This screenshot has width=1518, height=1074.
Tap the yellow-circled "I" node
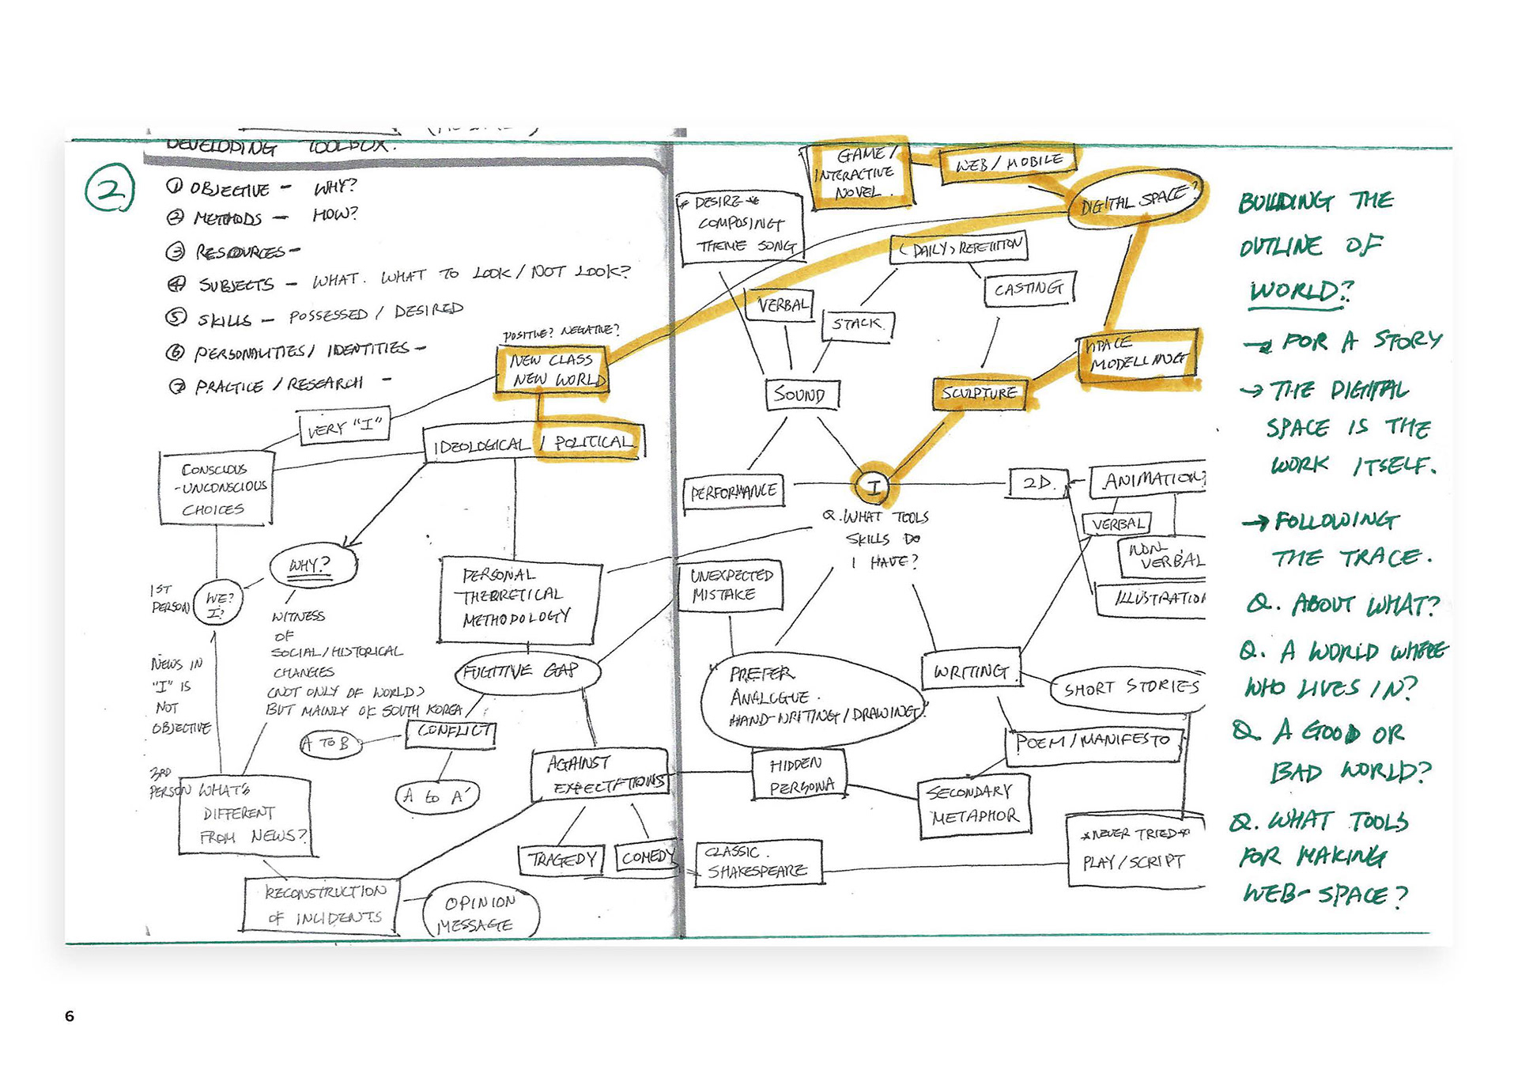tap(873, 485)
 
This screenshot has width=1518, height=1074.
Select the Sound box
tap(802, 394)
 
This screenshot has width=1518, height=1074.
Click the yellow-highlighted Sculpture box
tap(980, 393)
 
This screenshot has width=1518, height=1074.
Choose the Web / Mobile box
tap(1008, 163)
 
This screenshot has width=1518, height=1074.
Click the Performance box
tap(734, 492)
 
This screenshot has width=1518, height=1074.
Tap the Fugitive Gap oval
tap(527, 672)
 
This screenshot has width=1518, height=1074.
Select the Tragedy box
tap(561, 859)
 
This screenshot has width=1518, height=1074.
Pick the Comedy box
tap(647, 857)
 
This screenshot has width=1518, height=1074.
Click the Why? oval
tap(312, 565)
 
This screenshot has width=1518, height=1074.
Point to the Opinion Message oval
tap(481, 913)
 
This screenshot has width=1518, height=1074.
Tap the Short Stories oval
tap(1130, 688)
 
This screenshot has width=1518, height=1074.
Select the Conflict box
tap(451, 732)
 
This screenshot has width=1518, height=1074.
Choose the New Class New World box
tap(553, 370)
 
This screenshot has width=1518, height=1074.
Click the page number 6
tap(70, 1016)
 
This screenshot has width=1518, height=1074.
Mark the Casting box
tap(1029, 289)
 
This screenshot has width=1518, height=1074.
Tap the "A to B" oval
tap(330, 744)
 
